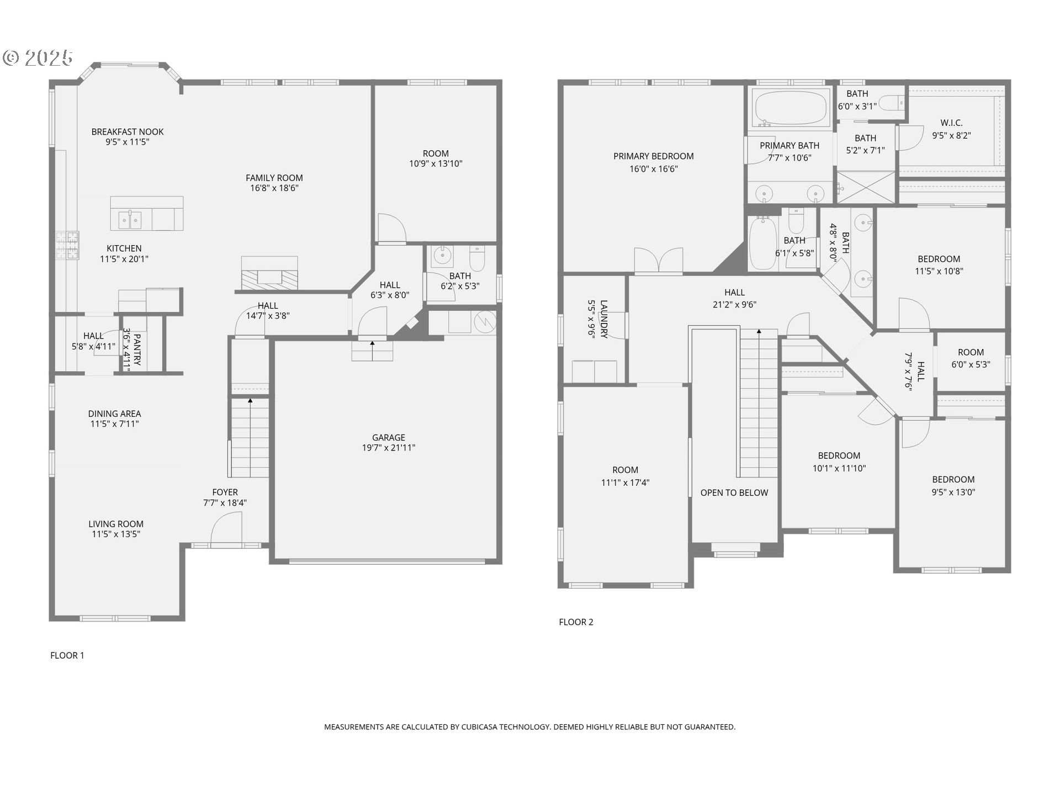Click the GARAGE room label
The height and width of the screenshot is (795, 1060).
tap(388, 437)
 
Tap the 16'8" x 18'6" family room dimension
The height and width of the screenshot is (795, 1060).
tap(274, 188)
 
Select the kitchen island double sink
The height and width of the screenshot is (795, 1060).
tap(131, 220)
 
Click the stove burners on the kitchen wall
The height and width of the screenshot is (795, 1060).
tap(67, 246)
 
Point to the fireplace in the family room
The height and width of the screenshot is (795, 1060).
tap(269, 276)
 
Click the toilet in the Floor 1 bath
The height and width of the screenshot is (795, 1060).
tap(477, 258)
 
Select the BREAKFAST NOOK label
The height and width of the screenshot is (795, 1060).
tap(128, 131)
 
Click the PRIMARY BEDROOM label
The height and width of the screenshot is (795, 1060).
tap(653, 156)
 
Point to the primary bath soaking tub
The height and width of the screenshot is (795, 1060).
tap(791, 107)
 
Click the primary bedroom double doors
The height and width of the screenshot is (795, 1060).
tap(658, 261)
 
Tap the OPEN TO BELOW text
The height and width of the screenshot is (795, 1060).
tap(734, 492)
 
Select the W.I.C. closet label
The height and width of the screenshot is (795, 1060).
tap(951, 123)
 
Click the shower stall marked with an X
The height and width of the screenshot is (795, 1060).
tap(866, 188)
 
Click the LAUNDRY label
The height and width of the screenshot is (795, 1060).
tap(604, 319)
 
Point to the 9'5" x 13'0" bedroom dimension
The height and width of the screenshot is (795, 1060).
tap(953, 492)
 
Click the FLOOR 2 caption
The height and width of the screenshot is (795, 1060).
tap(576, 622)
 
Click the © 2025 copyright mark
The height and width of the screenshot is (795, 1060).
tap(38, 57)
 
